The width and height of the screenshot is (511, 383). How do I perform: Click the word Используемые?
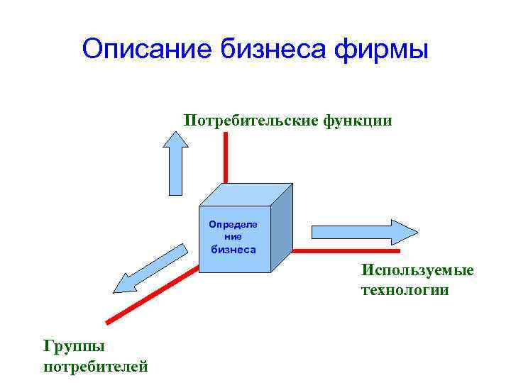(417, 270)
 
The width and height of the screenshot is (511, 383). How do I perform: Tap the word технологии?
(405, 289)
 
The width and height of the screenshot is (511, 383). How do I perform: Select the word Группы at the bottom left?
(74, 347)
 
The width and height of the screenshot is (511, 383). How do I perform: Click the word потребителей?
(96, 366)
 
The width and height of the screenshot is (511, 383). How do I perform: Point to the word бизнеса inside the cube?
(233, 250)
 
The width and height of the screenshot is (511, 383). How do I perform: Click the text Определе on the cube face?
(233, 224)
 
